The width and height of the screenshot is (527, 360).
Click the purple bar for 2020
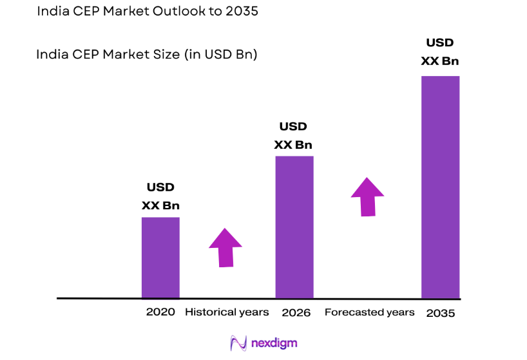point(160,258)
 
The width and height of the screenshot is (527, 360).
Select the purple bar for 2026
point(294,227)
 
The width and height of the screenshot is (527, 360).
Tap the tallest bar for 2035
point(440,187)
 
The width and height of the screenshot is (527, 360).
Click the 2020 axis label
point(160,312)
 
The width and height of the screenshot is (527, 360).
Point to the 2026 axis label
point(296,313)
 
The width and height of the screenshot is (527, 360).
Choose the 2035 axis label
point(441,313)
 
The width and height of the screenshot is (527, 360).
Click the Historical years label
point(227,312)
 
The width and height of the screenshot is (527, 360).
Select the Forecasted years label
point(369,312)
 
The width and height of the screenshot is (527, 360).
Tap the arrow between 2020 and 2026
point(225,247)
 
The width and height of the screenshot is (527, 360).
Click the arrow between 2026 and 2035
point(367,196)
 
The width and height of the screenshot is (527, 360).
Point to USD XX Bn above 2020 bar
point(160,196)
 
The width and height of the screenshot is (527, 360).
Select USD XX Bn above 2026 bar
point(293,135)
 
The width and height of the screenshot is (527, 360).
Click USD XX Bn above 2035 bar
point(440,52)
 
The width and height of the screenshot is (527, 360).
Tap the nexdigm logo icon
point(238,343)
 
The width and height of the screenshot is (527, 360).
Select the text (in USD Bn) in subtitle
point(221,55)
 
